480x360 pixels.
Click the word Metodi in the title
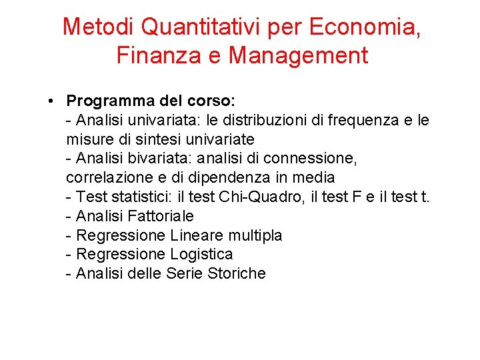tap(99, 27)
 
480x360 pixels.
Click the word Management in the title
tap(298, 55)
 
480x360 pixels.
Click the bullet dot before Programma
tap(51, 102)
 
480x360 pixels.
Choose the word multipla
tap(255, 235)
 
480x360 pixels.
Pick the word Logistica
tap(201, 254)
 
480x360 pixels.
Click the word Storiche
tap(237, 273)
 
